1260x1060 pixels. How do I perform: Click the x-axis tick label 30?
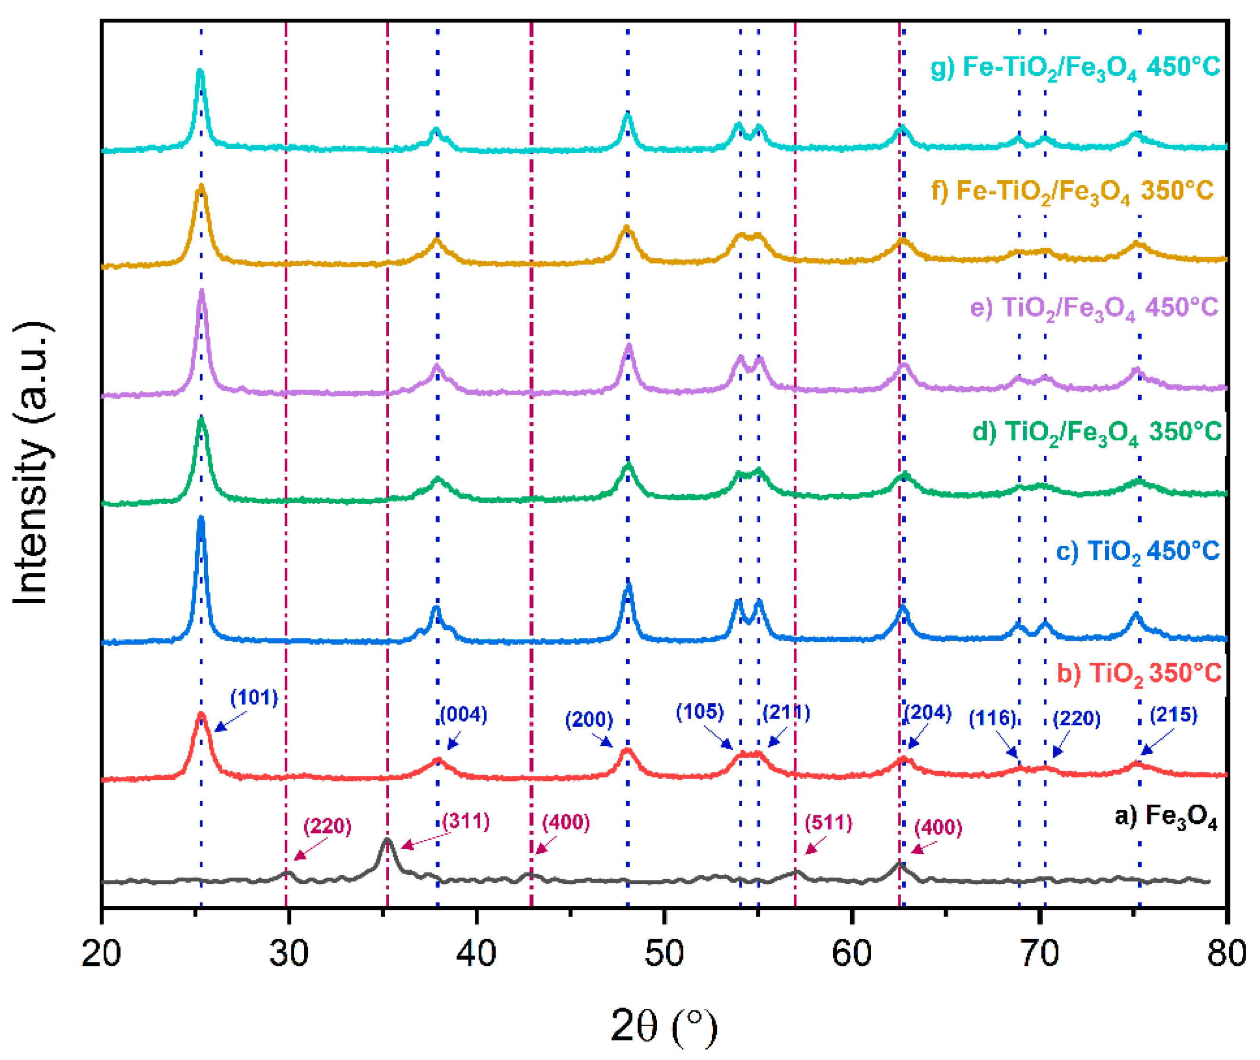coord(288,954)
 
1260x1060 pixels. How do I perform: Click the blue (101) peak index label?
coord(254,698)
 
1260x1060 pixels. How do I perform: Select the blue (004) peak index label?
coord(463,714)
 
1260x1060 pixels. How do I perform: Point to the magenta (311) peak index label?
coord(466,821)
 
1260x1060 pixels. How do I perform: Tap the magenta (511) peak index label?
coord(828,823)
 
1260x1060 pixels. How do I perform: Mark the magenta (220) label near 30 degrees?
coord(327,826)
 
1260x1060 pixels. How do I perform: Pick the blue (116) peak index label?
coord(992,719)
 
